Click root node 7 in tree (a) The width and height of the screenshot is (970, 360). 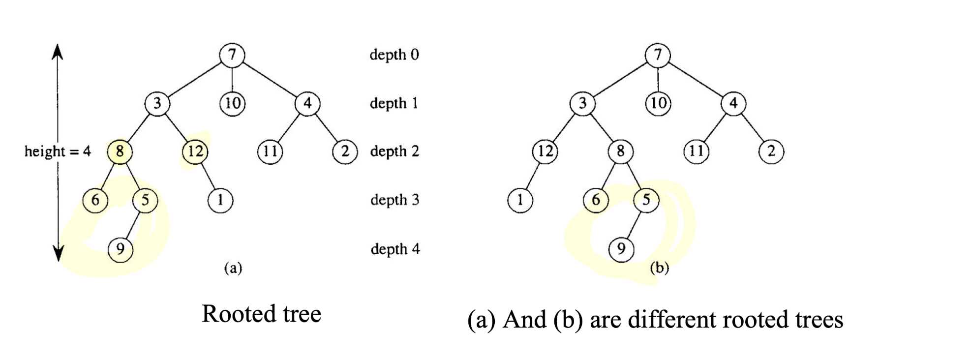232,54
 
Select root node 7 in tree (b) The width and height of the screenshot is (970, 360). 658,55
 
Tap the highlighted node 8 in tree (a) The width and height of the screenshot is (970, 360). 120,151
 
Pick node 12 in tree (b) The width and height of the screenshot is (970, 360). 545,151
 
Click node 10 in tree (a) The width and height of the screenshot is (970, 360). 232,103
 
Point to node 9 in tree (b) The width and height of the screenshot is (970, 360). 621,249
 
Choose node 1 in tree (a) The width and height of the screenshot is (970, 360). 220,200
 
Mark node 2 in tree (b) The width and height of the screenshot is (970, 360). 771,151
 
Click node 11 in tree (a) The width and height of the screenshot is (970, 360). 270,151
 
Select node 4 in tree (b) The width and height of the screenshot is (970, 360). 733,103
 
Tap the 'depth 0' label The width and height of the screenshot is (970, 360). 394,55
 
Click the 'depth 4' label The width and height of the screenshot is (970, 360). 395,249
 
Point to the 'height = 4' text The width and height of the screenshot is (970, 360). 58,151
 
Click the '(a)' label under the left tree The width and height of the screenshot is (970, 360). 233,268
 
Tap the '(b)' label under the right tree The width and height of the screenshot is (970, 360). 659,268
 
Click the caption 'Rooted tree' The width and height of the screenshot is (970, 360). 261,314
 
